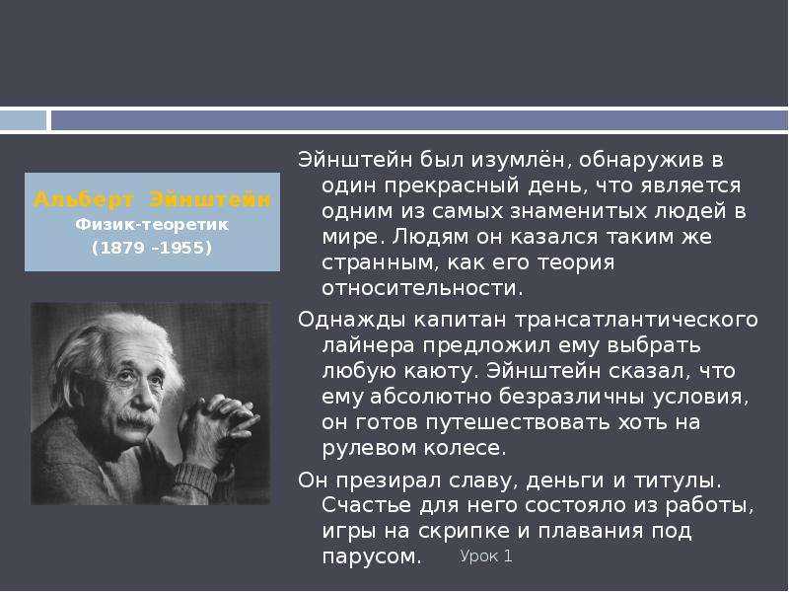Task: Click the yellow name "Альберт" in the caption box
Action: pyautogui.click(x=83, y=200)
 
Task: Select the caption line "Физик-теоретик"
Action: pyautogui.click(x=152, y=225)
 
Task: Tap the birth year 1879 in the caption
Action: pyautogui.click(x=120, y=248)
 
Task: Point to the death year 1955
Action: pyautogui.click(x=182, y=248)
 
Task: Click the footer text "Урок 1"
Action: pyautogui.click(x=486, y=556)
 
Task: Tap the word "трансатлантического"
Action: pyautogui.click(x=636, y=320)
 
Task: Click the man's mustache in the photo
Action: pyautogui.click(x=133, y=420)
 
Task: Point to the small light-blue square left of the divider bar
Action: pyautogui.click(x=23, y=120)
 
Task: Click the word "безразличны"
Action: pyautogui.click(x=571, y=397)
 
